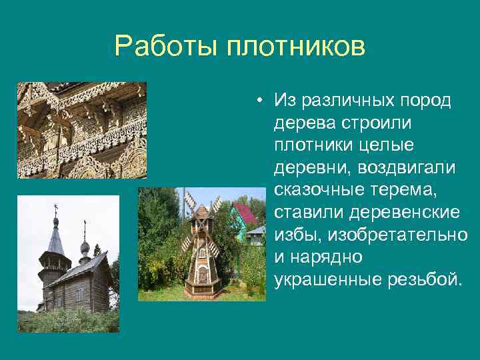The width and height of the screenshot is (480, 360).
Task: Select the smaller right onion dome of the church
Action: (85, 249)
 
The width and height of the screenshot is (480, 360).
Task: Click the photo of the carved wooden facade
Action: (81, 130)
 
